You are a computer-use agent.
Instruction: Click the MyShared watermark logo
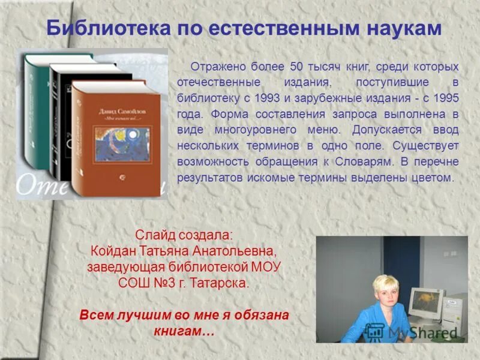point(412,332)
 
